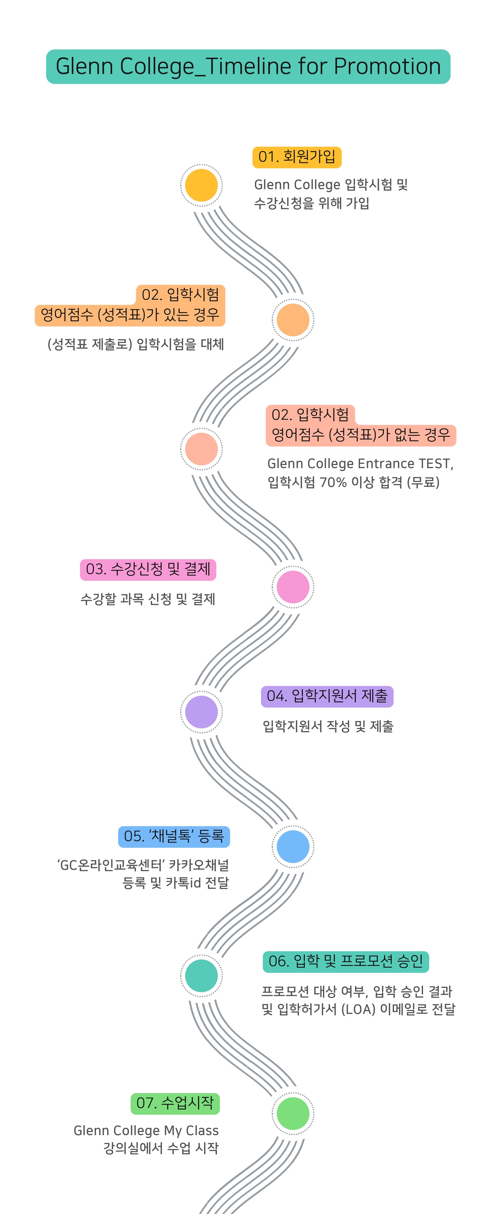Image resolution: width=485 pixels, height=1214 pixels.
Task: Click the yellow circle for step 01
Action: pos(201,185)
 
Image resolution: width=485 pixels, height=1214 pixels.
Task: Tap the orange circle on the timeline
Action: pos(293,319)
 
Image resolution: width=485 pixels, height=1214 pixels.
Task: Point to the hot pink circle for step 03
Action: pos(293,587)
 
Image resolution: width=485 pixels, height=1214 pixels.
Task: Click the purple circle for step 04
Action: pos(201,712)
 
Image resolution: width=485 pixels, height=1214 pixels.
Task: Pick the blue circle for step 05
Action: pos(293,847)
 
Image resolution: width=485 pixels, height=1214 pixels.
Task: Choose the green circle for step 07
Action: pos(293,1113)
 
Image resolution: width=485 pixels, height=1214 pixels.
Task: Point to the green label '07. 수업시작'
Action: pos(175,1103)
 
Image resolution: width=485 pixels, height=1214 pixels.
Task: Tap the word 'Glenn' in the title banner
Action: pos(85,67)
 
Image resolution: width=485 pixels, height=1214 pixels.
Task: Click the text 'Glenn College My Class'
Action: pos(146,1131)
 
